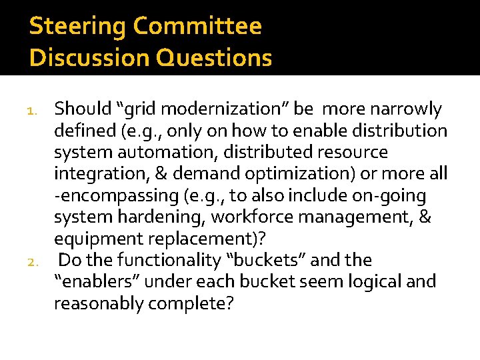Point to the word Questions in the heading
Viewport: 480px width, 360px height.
click(x=215, y=58)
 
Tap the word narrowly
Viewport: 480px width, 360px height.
click(x=407, y=109)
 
